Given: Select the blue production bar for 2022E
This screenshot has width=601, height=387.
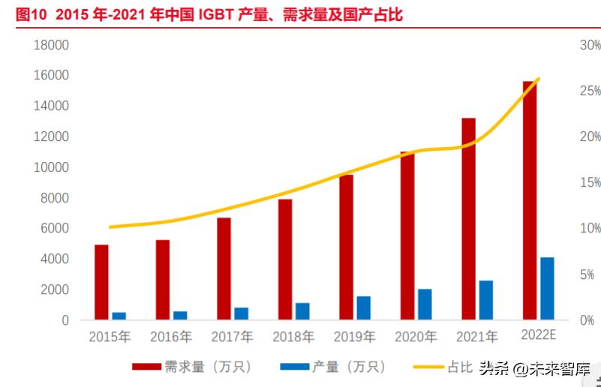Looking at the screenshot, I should point(547,289).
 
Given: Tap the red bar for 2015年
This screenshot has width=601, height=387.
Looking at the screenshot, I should point(101,282).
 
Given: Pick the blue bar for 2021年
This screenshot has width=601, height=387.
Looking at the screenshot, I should point(486,300).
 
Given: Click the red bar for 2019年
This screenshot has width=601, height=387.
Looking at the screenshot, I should point(346,247).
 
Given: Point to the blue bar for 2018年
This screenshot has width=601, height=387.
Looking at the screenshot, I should point(302,311).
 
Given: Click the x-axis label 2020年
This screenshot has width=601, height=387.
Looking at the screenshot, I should point(414,337).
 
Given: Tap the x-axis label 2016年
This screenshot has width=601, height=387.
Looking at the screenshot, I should point(170,337).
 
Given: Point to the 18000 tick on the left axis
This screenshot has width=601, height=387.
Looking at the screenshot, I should point(52,45).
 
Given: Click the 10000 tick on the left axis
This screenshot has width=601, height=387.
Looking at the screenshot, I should point(52,167).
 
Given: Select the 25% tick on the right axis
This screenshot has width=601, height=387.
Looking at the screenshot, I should point(590,91).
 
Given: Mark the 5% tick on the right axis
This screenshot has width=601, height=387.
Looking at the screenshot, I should point(590,274).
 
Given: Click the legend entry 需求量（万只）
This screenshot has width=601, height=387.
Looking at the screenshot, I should point(192,367).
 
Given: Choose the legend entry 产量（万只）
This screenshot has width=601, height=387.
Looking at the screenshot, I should point(333,367).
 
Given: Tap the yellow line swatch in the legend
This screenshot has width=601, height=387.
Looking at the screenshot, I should point(428,367).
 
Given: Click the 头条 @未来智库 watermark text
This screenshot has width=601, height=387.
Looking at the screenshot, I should point(534,368).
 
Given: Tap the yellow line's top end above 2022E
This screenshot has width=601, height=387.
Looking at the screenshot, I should point(539,79).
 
